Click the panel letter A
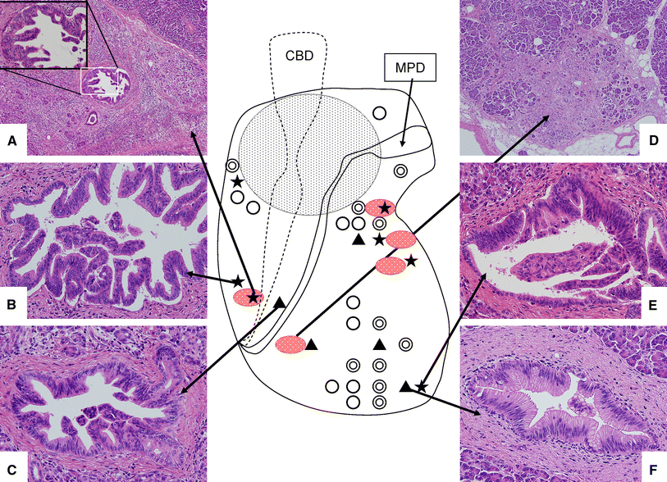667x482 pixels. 12,142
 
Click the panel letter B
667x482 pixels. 12,304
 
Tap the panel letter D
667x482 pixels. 654,142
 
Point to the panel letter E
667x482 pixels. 654,304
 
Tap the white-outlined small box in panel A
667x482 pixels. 104,81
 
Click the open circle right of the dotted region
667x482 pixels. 379,111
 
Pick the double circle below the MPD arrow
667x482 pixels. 400,171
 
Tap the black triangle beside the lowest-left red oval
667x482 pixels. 312,344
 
